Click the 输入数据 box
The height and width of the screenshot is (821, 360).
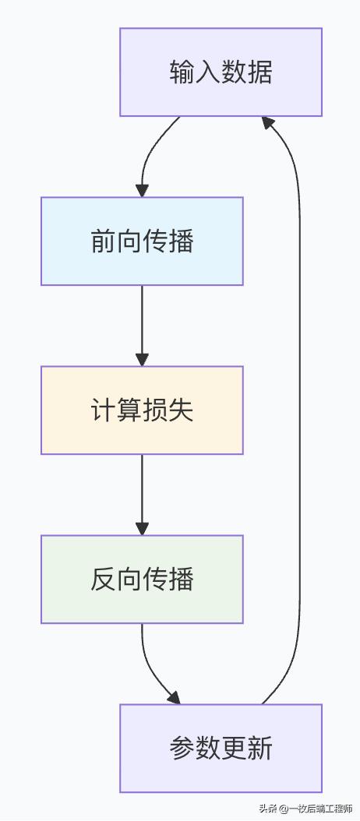(221, 72)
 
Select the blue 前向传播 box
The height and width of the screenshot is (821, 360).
(142, 241)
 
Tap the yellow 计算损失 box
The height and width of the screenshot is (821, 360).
(142, 410)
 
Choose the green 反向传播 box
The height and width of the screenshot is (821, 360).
(142, 579)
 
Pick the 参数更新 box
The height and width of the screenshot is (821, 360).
(221, 748)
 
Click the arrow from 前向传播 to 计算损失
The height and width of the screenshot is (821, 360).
(142, 319)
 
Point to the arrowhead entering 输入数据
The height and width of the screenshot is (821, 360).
(268, 122)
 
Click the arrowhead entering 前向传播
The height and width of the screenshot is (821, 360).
(142, 190)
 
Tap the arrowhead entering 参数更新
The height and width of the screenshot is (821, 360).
(173, 697)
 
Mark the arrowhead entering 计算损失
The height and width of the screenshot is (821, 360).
(142, 359)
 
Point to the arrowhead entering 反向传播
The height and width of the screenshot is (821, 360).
(142, 528)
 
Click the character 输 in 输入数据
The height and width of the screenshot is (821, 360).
(182, 72)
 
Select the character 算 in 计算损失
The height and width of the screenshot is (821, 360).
(129, 410)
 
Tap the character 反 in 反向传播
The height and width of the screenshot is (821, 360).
(104, 579)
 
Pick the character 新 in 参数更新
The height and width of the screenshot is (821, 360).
(259, 748)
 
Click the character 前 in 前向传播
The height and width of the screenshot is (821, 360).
(104, 241)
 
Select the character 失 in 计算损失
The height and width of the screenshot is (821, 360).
(181, 410)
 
